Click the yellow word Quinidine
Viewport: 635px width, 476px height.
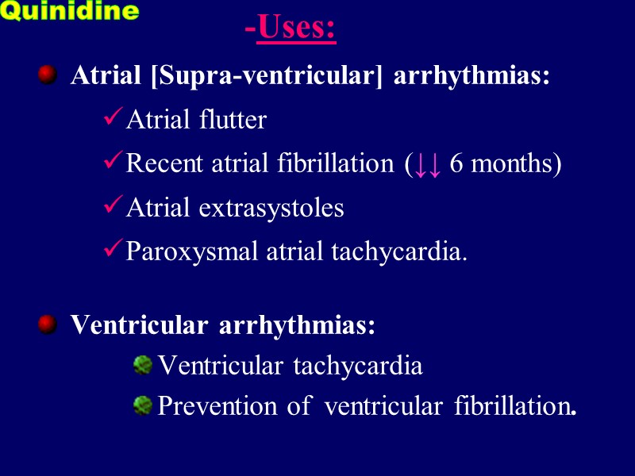pyautogui.click(x=70, y=12)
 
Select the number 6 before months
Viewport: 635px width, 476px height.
pyautogui.click(x=456, y=163)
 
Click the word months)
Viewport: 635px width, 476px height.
pyautogui.click(x=515, y=163)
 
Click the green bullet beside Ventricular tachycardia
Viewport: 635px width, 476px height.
pyautogui.click(x=142, y=365)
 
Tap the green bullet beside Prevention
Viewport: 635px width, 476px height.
pyautogui.click(x=142, y=405)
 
